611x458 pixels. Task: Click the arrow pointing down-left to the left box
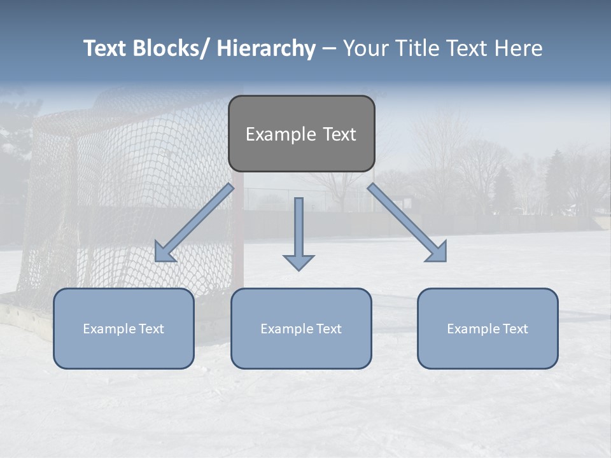pos(194,223)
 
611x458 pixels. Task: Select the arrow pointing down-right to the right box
pos(407,223)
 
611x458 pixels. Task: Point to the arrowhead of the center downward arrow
pos(298,262)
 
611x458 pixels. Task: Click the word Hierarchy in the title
pos(266,48)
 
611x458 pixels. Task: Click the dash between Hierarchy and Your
pos(329,48)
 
